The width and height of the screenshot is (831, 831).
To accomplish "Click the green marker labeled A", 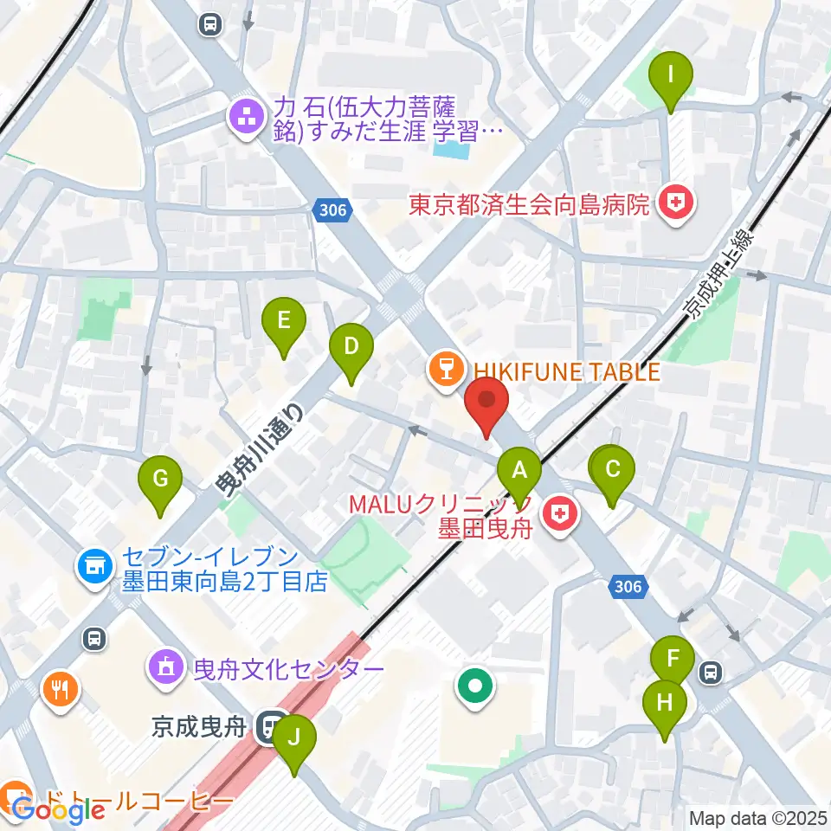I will [x=519, y=471].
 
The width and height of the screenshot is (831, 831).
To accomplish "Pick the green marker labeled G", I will [x=160, y=480].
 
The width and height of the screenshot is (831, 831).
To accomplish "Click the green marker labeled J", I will [x=294, y=739].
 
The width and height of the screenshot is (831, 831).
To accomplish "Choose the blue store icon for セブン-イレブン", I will [x=94, y=568].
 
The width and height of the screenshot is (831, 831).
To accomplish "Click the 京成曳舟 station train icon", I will [x=273, y=726].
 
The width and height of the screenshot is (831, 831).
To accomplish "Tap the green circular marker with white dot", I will [x=475, y=688].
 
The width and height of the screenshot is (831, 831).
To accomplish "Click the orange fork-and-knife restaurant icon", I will [x=60, y=690].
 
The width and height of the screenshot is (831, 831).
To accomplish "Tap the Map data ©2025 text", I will [x=757, y=817].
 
